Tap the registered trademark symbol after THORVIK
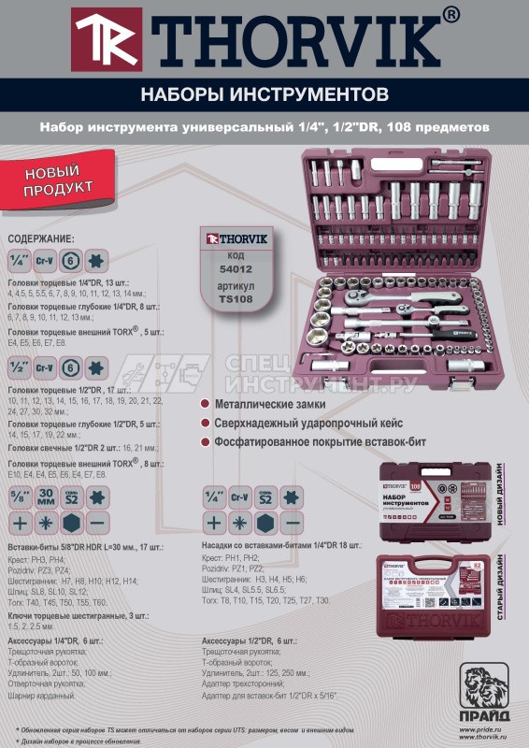pyautogui.click(x=450, y=14)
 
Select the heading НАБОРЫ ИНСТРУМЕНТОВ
pyautogui.click(x=264, y=94)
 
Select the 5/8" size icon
pyautogui.click(x=19, y=496)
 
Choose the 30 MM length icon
pyautogui.click(x=46, y=496)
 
